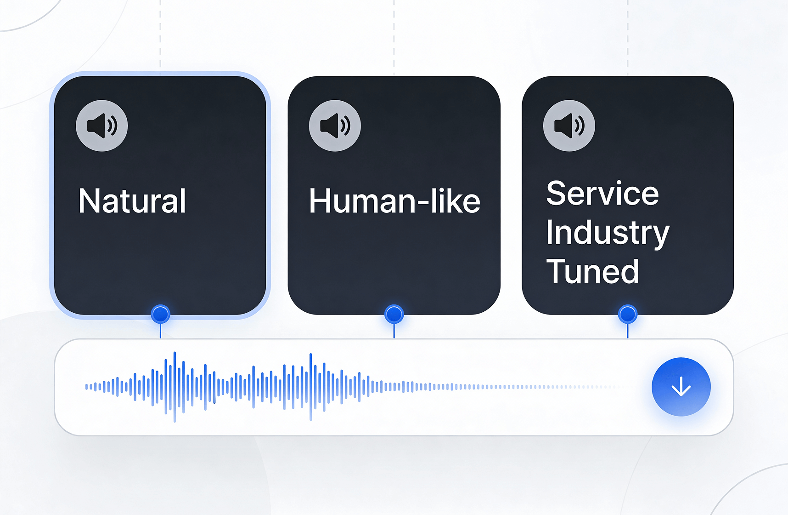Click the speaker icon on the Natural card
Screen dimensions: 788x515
pos(102,126)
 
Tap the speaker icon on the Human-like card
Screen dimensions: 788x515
pos(335,126)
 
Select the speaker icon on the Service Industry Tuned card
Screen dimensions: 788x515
pos(569,126)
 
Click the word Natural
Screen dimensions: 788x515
pos(132,201)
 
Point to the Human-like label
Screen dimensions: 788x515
pos(394,201)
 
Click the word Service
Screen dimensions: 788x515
pos(602,194)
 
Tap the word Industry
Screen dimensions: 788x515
pos(608,233)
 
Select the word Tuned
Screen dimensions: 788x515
pos(592,272)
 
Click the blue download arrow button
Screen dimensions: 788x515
pos(681,387)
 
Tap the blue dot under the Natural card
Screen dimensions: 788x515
pos(160,314)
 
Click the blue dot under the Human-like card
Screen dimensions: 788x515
pos(394,314)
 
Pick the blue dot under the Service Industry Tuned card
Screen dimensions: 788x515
pos(628,314)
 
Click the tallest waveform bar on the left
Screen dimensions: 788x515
pos(174,387)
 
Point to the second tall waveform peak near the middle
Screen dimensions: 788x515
pos(311,387)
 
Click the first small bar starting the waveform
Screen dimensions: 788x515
pos(86,387)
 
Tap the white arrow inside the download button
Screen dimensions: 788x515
pos(681,387)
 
